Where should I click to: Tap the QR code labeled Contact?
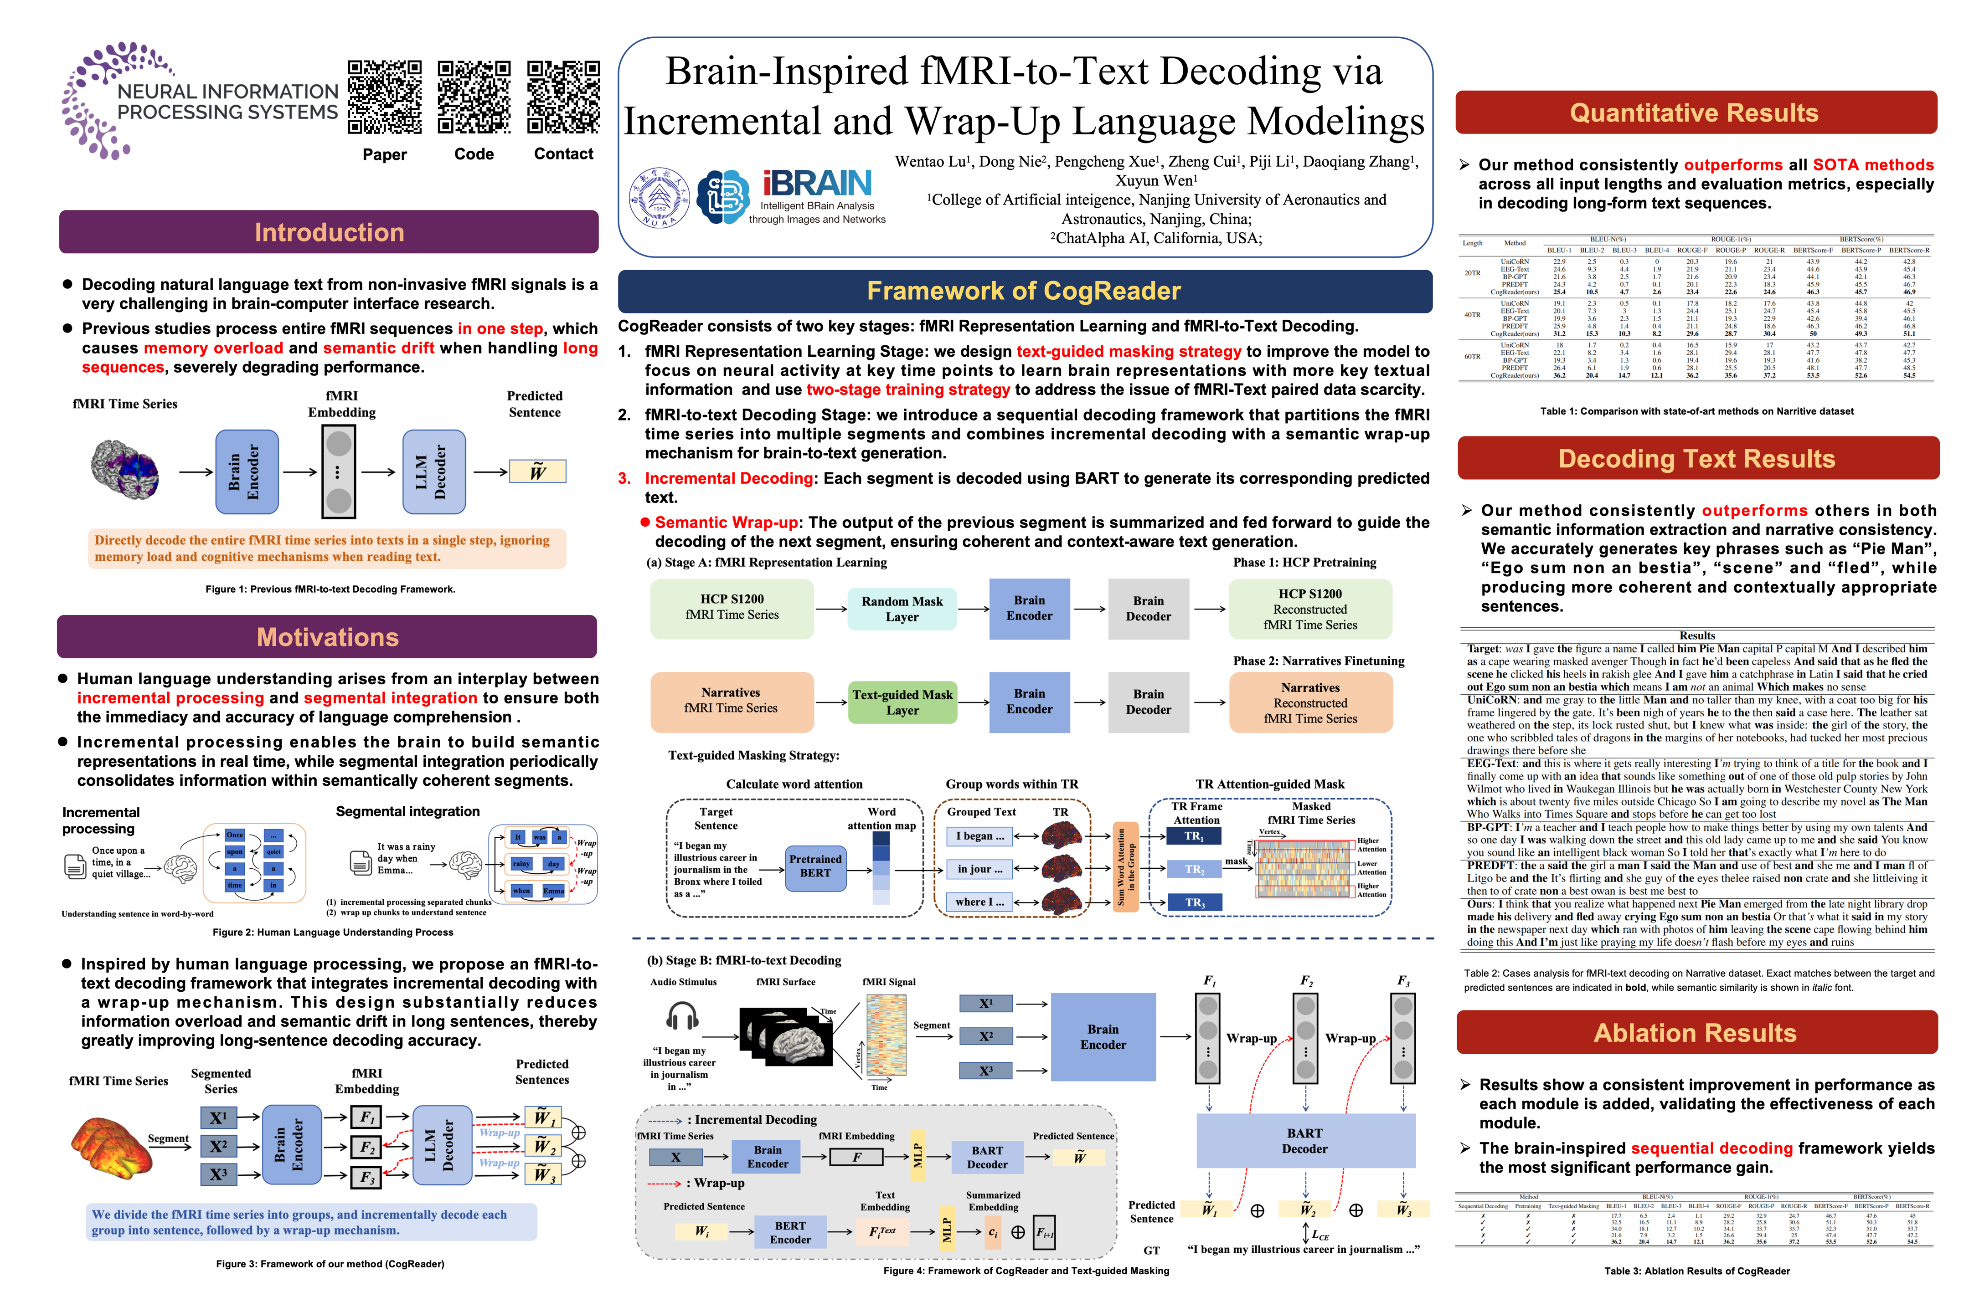[563, 97]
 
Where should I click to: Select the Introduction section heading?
[329, 232]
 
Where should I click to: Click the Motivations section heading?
[327, 637]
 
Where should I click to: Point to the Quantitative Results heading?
[1695, 113]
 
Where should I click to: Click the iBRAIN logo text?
[817, 183]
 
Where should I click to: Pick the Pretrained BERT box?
[815, 866]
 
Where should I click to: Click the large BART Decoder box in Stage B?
[1304, 1140]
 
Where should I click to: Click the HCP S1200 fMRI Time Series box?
[732, 607]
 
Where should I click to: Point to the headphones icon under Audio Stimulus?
[682, 1017]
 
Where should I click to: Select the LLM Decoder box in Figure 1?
[433, 472]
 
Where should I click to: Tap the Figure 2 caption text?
[333, 932]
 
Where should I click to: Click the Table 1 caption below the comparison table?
[1696, 411]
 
